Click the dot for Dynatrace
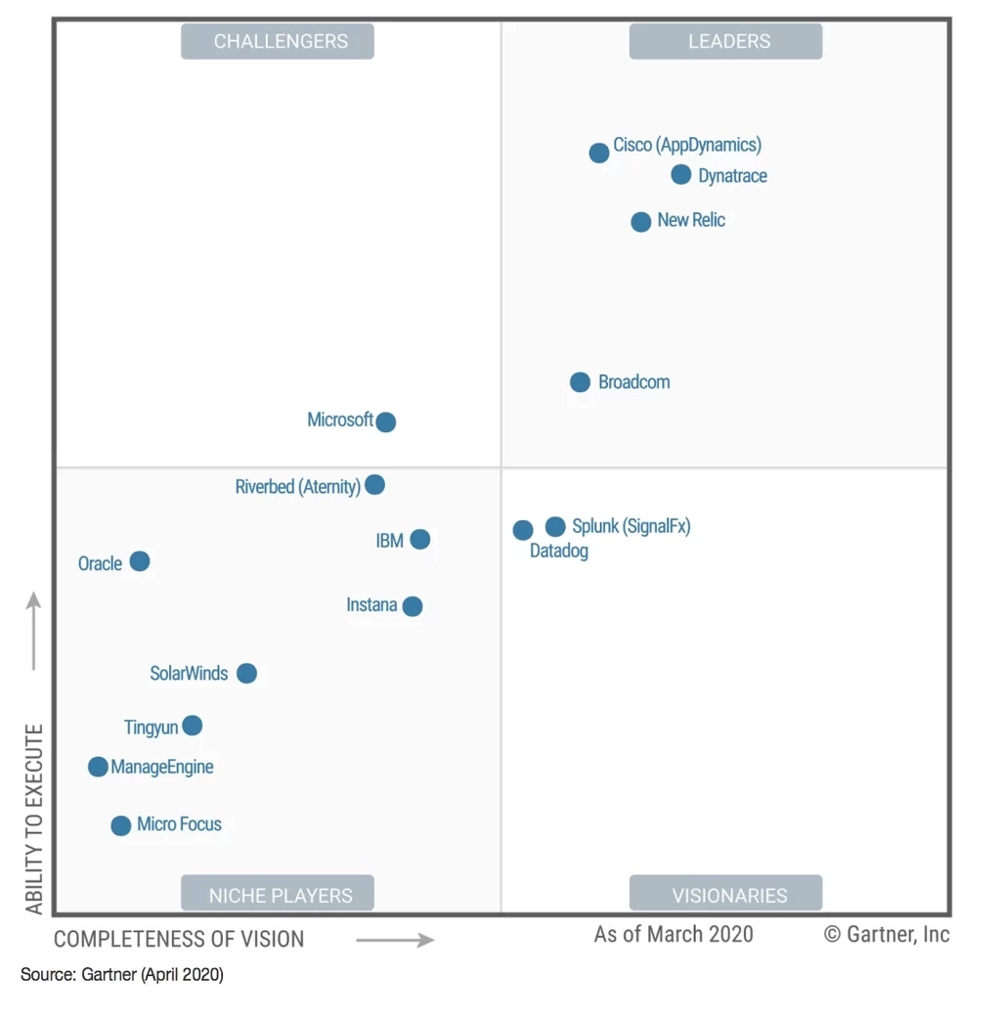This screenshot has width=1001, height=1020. coord(681,175)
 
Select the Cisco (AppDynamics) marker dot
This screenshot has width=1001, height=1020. coord(599,154)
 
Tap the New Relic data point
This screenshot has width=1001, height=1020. coord(641,222)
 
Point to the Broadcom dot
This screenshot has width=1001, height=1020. coord(581,382)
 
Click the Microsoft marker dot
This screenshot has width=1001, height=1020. coord(386,422)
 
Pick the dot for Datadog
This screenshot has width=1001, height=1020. coord(523,530)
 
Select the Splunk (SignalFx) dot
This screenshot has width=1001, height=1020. coord(555,527)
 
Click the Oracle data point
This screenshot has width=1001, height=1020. coord(140,561)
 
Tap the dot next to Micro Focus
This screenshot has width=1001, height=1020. coord(121,826)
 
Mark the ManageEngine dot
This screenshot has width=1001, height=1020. coord(98,767)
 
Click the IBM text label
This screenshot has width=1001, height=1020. coord(389,541)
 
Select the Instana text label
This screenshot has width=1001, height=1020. coord(371,605)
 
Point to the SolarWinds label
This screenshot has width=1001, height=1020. coord(189,674)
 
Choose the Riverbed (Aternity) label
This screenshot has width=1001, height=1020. coord(297,487)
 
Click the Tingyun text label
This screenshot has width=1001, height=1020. coord(151,728)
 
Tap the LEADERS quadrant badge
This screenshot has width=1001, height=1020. coord(725,41)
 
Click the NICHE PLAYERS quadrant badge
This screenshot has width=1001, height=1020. coord(278,895)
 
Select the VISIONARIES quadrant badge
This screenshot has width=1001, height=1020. coord(725,895)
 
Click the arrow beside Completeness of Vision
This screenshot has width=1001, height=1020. coord(395,940)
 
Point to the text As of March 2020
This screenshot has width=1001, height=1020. coord(674,934)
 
